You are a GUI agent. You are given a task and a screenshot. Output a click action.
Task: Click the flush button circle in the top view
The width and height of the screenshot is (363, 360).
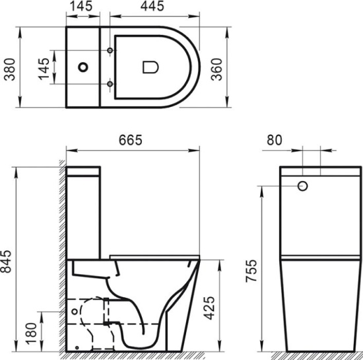pyautogui.click(x=83, y=67)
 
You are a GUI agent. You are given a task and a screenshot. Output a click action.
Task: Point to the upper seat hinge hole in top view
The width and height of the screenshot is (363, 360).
pyautogui.click(x=109, y=51)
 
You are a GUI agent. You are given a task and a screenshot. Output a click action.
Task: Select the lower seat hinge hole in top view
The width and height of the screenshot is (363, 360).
pyautogui.click(x=109, y=83)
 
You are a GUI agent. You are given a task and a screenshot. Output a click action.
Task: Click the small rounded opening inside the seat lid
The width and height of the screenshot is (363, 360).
pyautogui.click(x=148, y=67)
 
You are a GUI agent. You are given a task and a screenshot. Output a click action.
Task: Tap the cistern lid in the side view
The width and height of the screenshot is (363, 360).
pyautogui.click(x=84, y=172)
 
